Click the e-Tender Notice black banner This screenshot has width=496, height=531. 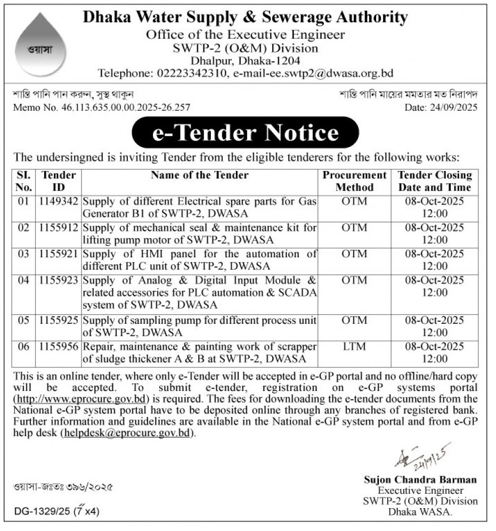pyautogui.click(x=245, y=132)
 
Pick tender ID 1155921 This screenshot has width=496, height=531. pyautogui.click(x=59, y=254)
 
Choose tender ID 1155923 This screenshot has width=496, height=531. pyautogui.click(x=59, y=280)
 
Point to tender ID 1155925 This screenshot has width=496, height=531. pyautogui.click(x=59, y=321)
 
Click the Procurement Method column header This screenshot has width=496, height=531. pyautogui.click(x=355, y=181)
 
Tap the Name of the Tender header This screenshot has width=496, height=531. pyautogui.click(x=200, y=175)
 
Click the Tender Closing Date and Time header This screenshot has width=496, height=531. pyautogui.click(x=435, y=181)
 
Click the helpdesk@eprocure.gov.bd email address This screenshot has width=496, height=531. pyautogui.click(x=127, y=433)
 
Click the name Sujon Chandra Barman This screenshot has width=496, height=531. pyautogui.click(x=420, y=480)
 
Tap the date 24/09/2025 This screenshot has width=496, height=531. pyautogui.click(x=452, y=107)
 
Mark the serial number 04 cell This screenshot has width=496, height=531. pyautogui.click(x=23, y=280)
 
